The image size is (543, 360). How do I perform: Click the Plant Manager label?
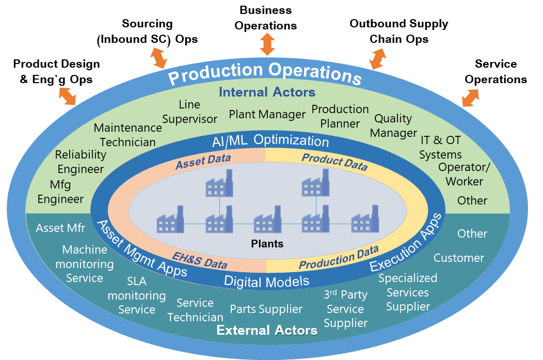pyautogui.click(x=267, y=114)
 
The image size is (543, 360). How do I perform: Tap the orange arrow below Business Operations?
pyautogui.click(x=267, y=44)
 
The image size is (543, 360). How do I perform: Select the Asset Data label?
pyautogui.click(x=203, y=162)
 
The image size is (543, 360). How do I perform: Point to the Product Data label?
pyautogui.click(x=334, y=162)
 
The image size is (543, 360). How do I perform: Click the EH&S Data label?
pyautogui.click(x=200, y=260)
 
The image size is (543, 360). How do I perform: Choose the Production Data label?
pyautogui.click(x=339, y=257)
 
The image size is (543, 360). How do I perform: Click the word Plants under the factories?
pyautogui.click(x=267, y=244)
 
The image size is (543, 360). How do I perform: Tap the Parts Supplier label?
pyautogui.click(x=266, y=309)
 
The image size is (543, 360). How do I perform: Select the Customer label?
pyautogui.click(x=459, y=258)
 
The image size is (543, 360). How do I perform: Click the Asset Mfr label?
pyautogui.click(x=60, y=228)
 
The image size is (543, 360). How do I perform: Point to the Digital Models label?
pyautogui.click(x=267, y=281)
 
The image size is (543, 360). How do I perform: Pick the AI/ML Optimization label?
pyautogui.click(x=270, y=140)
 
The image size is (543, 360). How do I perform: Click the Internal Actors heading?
pyautogui.click(x=267, y=92)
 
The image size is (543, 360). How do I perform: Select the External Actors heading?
pyautogui.click(x=267, y=330)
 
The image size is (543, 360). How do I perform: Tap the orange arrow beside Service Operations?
pyautogui.click(x=471, y=98)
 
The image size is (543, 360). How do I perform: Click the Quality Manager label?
pyautogui.click(x=393, y=126)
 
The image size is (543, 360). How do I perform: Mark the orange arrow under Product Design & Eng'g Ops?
pyautogui.click(x=67, y=96)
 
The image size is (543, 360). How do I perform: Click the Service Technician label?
pyautogui.click(x=195, y=310)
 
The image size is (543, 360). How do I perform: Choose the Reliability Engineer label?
pyautogui.click(x=81, y=162)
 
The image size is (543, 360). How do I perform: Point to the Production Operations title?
pyautogui.click(x=265, y=73)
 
